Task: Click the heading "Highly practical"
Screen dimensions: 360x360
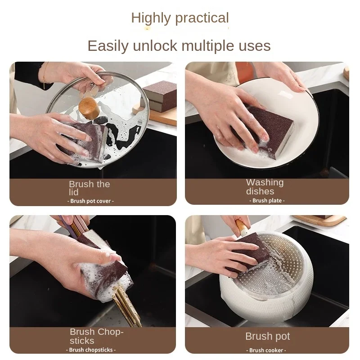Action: (x=180, y=18)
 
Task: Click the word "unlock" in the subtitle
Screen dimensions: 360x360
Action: (x=155, y=46)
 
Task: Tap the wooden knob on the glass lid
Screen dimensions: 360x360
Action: (x=89, y=108)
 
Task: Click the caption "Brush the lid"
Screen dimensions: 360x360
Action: (x=89, y=188)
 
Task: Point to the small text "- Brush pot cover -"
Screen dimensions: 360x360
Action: (x=91, y=201)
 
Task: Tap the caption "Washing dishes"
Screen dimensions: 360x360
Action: (x=265, y=187)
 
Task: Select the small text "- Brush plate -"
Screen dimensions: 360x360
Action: (x=267, y=200)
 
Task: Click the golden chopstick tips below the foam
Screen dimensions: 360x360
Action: (x=126, y=306)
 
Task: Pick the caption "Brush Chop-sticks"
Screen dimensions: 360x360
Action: (x=97, y=336)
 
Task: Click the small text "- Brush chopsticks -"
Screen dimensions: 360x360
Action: (x=91, y=350)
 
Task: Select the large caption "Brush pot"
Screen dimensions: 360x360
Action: (x=267, y=336)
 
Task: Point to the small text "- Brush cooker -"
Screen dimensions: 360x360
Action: (x=266, y=350)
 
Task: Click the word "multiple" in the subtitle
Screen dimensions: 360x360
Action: (x=208, y=46)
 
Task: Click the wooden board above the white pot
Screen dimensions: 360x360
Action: (x=320, y=220)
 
